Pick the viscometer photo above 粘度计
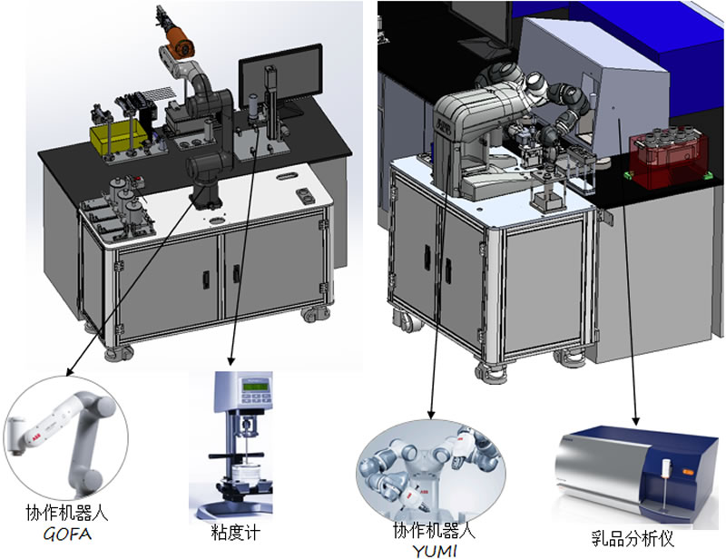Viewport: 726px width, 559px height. tap(239, 445)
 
